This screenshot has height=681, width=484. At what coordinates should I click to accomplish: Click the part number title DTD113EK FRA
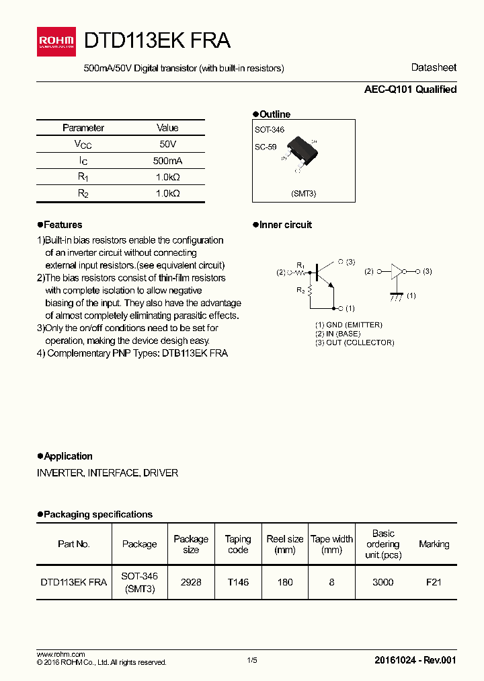coord(157,40)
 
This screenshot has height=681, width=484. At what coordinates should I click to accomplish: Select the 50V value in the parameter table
coord(167,145)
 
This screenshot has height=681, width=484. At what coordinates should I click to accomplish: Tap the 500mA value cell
coord(167,161)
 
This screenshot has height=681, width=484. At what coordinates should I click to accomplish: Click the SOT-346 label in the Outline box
coord(270,129)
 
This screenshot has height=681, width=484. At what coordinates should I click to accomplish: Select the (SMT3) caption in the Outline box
coord(303,193)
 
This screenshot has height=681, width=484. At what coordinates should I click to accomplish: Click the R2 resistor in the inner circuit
coord(310,290)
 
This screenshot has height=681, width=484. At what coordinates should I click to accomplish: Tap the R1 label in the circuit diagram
coord(300,264)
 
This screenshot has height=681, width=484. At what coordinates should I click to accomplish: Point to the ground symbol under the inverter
coord(397,295)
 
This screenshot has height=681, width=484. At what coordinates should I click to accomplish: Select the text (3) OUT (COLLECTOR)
coord(354,343)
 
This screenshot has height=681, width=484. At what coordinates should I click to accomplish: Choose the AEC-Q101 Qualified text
coord(410,89)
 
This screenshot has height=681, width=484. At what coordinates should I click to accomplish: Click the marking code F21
coord(434,582)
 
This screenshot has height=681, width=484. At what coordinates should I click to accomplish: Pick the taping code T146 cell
coord(238,582)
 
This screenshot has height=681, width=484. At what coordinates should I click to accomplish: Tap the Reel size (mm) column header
coord(285,544)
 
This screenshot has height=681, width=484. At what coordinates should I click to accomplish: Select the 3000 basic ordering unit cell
coord(382,582)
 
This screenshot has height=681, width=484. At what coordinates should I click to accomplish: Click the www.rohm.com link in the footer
coord(61,654)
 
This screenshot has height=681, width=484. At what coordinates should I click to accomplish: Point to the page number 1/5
coord(252,661)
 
